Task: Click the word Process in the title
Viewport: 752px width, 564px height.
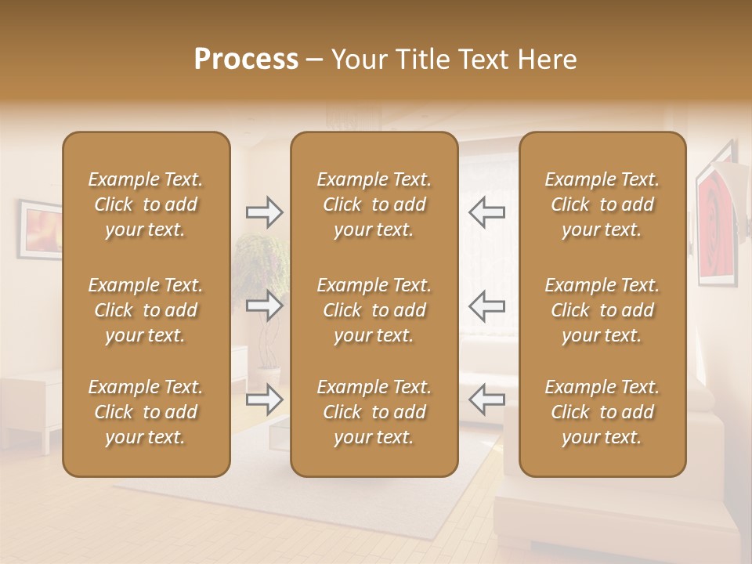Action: (x=246, y=60)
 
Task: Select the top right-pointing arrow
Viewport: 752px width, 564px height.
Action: (x=264, y=212)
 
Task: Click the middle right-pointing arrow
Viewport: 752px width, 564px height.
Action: (x=264, y=305)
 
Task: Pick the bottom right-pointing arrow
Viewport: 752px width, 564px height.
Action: (x=264, y=399)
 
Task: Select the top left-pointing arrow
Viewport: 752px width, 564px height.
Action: (x=486, y=212)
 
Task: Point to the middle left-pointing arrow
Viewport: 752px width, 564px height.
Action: (x=486, y=305)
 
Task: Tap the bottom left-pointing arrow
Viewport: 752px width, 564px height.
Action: (x=486, y=399)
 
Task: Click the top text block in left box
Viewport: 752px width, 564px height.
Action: (x=146, y=204)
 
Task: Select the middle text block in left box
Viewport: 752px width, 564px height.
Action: (x=146, y=310)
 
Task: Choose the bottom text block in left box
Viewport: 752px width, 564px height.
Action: (x=146, y=412)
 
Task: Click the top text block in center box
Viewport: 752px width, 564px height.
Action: (x=374, y=204)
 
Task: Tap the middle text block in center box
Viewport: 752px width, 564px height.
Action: (x=374, y=310)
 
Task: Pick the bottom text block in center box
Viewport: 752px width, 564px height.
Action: (x=374, y=412)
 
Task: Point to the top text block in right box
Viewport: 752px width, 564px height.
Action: (x=602, y=204)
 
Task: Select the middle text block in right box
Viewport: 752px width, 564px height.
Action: (x=602, y=310)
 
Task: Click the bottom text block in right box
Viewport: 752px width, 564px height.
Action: (x=602, y=412)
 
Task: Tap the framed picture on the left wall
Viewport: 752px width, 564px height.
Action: (x=41, y=230)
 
